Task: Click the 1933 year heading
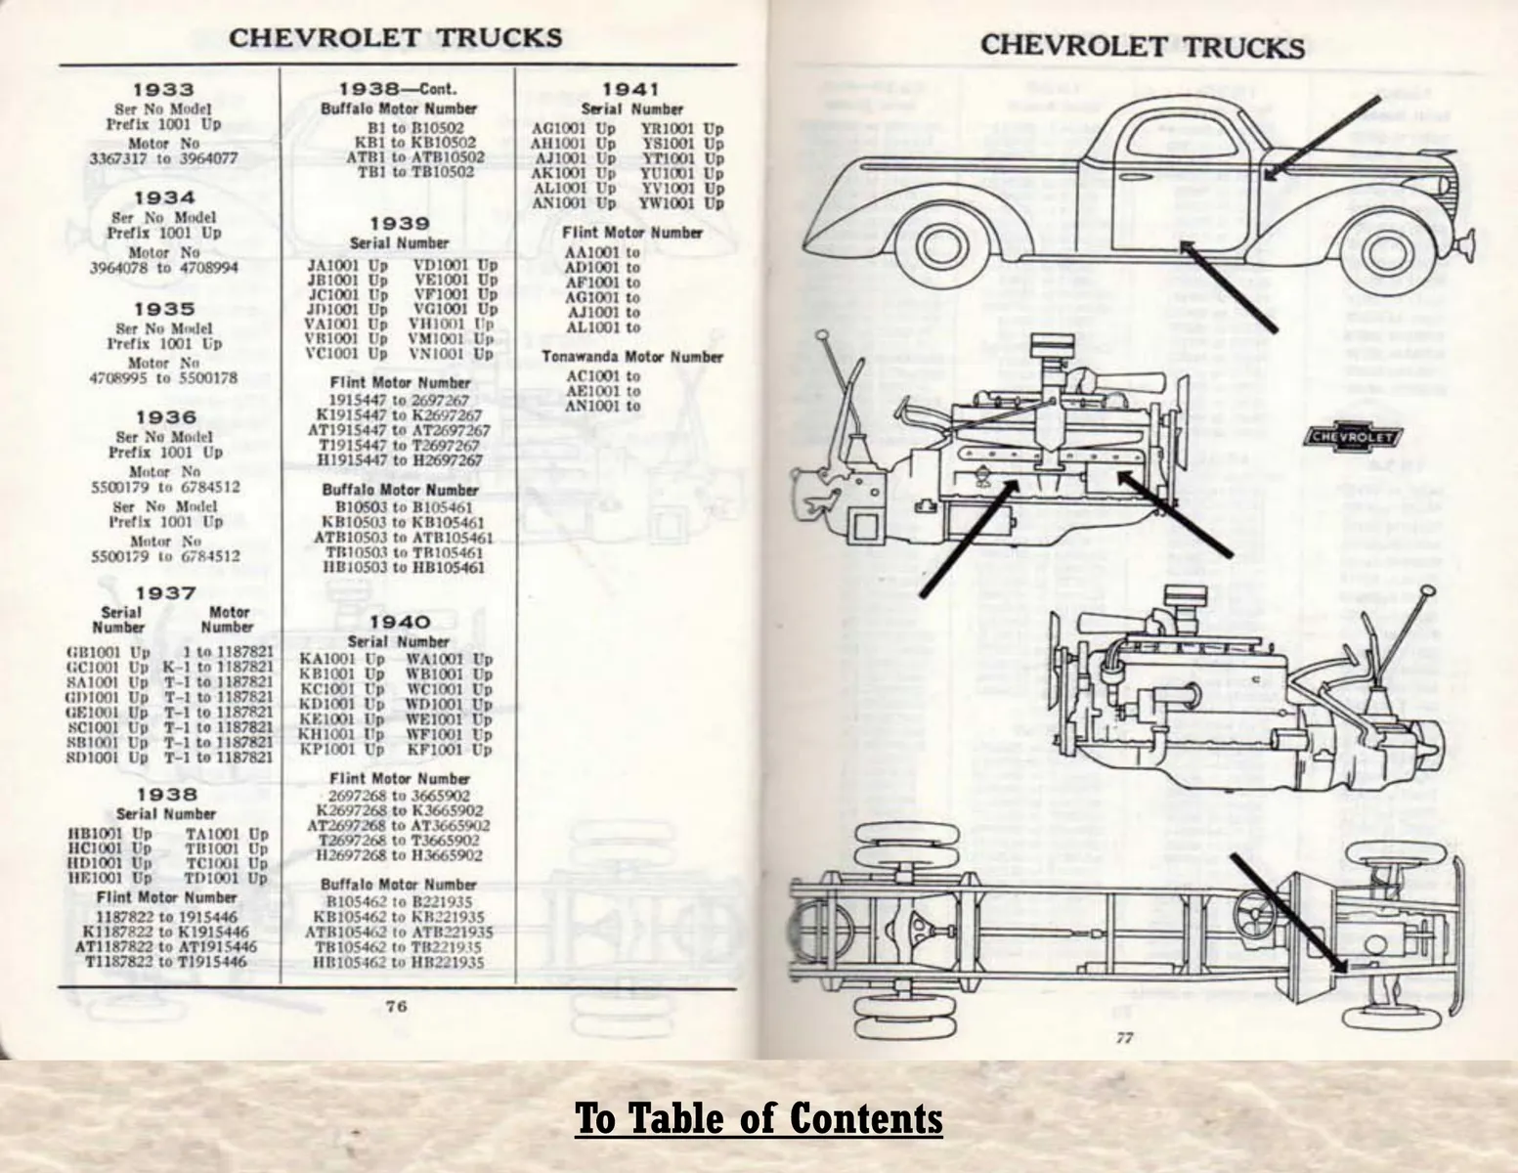164,90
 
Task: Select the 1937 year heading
166,593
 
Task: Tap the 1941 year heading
630,90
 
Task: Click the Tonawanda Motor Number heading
632,357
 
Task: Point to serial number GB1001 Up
108,652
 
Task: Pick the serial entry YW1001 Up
681,203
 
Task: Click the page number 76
396,1007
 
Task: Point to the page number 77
1124,1038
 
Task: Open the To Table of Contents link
759,1117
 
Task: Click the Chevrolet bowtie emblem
1353,437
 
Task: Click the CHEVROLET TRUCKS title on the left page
395,38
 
